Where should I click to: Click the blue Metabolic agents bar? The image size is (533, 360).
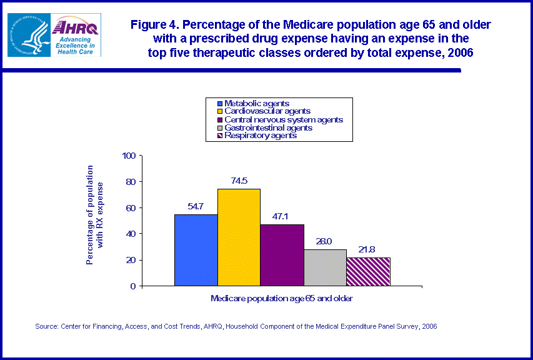[196, 250]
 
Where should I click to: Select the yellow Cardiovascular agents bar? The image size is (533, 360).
[239, 237]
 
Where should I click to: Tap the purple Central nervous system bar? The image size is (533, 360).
[282, 255]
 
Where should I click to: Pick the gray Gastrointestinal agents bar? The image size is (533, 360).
[325, 267]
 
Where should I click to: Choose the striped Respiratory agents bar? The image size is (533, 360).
[368, 272]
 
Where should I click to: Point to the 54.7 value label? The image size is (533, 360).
[196, 206]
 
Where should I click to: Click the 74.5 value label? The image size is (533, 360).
[239, 181]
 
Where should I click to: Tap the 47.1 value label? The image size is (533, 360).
[282, 216]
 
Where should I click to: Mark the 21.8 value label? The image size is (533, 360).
[368, 249]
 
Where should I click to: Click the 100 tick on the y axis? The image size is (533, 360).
[129, 156]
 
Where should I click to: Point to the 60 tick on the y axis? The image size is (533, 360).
[131, 208]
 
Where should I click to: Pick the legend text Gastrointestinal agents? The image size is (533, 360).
[268, 127]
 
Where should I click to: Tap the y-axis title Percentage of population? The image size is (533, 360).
[94, 214]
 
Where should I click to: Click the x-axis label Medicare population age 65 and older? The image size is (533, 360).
[282, 299]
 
